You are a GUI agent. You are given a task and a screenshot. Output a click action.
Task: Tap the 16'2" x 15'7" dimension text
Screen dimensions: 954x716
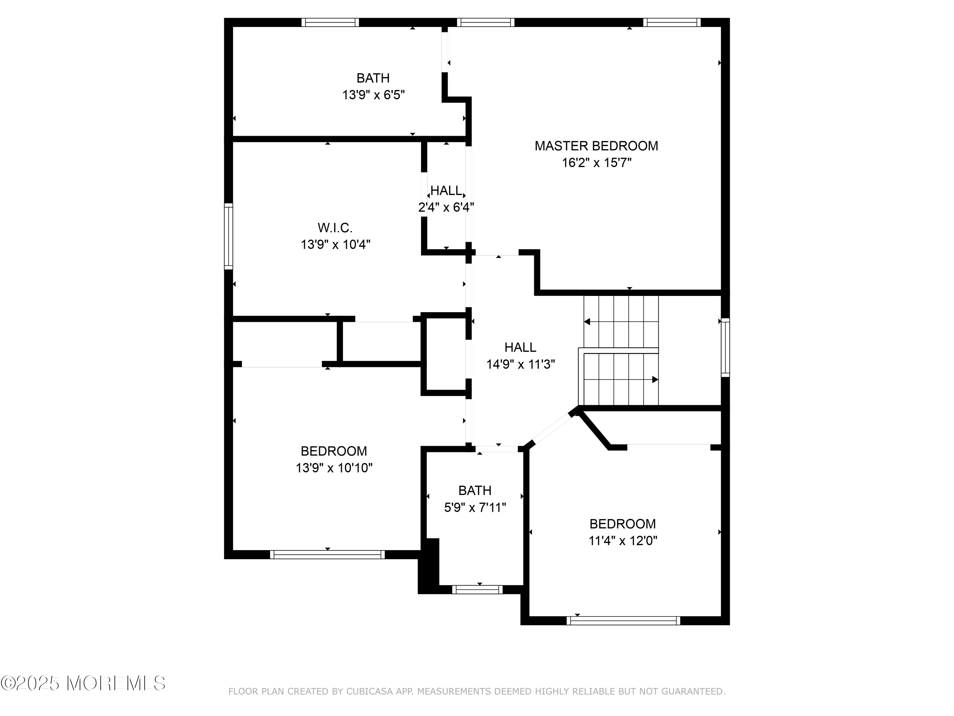coord(597,163)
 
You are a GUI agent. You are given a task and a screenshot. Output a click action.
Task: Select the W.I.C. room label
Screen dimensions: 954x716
coord(335,228)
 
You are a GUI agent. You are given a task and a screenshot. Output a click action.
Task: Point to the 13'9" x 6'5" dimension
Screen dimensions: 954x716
coord(374,95)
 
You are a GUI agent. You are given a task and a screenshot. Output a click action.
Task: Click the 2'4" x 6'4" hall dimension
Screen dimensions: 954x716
coord(446,207)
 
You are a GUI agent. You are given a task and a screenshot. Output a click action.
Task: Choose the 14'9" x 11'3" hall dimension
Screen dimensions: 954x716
coord(521,365)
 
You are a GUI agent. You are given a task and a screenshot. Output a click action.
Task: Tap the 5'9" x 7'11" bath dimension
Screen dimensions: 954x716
coord(475,508)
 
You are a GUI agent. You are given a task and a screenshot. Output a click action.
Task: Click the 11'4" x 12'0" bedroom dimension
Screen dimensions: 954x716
coord(623,541)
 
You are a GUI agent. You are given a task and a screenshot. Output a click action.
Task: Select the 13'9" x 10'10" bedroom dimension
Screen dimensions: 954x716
coord(334,468)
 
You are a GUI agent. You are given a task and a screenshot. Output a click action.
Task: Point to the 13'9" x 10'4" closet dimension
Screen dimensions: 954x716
coord(335,245)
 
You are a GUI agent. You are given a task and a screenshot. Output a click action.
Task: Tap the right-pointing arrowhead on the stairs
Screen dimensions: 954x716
coord(655,379)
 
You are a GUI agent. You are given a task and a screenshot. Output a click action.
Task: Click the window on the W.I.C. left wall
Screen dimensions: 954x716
coord(229,236)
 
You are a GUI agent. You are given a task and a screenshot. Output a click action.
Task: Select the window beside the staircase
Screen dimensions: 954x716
coord(725,347)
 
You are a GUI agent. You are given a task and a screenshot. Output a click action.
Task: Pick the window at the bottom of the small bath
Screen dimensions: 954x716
coord(477,590)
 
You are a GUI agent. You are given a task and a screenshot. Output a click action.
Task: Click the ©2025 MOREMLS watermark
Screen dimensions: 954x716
coord(83,683)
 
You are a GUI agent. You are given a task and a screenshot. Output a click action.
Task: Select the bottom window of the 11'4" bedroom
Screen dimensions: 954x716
coord(623,621)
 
